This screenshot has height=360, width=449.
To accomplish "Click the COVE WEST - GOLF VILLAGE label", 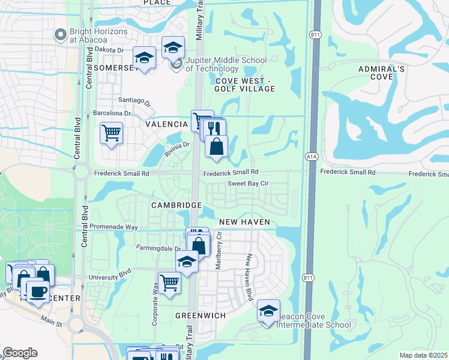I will coord(245,85).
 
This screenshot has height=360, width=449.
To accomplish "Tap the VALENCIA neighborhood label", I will coord(166,124).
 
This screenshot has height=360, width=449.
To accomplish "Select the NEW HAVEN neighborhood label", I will coord(244,222).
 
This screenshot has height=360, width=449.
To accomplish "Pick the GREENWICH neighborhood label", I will coord(200,315).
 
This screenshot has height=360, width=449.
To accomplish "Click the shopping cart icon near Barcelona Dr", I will coord(111,133).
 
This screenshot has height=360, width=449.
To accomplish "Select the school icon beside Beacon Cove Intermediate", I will coord(268,310).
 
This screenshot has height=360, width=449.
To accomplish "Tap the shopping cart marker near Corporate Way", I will coord(169,283).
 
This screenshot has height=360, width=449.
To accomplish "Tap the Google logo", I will coord(20,353).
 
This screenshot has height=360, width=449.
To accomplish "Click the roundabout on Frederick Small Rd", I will coord(81,173).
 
